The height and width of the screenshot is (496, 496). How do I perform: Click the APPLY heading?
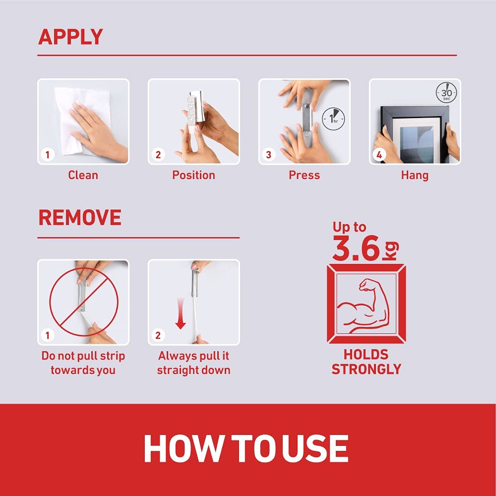[70, 37]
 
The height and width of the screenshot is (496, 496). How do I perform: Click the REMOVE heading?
[80, 218]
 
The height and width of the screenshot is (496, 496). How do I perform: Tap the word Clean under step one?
[83, 175]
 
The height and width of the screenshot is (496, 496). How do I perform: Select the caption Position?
[193, 175]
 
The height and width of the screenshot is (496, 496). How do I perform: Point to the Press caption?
[305, 175]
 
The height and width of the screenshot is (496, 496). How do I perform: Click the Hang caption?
[415, 176]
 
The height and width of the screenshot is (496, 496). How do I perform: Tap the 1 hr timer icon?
[333, 119]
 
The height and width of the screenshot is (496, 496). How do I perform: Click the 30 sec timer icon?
[446, 93]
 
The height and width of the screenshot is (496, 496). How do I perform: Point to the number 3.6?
[356, 248]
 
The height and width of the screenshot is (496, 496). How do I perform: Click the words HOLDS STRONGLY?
[367, 362]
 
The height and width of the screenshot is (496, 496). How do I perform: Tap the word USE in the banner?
[315, 449]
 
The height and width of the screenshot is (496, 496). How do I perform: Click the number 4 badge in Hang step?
[379, 155]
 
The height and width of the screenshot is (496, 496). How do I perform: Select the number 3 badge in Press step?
[268, 155]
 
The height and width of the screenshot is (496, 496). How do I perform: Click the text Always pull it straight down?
[193, 363]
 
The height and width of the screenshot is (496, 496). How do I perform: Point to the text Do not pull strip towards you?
[83, 363]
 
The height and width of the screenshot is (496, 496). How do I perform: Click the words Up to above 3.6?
[349, 227]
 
